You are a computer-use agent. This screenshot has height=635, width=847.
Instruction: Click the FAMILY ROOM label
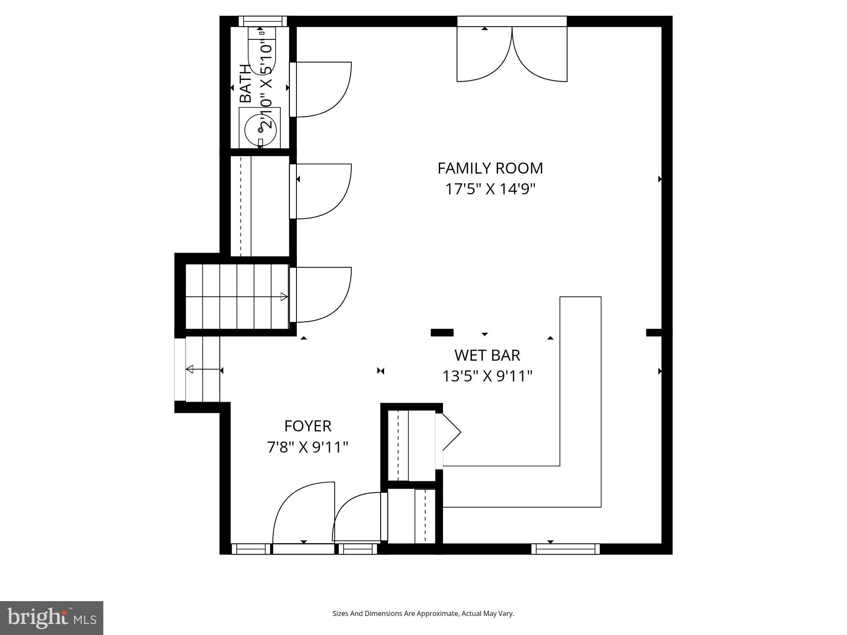tap(490, 168)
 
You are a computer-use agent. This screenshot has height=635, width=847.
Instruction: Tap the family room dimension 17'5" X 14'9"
tap(490, 189)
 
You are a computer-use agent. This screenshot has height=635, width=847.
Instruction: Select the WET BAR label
tap(487, 355)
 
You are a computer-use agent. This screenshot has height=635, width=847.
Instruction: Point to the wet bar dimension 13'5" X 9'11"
tap(487, 376)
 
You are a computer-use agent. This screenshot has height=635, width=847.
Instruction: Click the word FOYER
tap(307, 426)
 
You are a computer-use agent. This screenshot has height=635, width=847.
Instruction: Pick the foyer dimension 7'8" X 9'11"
tap(307, 447)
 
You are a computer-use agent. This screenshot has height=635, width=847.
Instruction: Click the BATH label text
tap(246, 83)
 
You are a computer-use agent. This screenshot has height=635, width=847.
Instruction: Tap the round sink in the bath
tap(260, 130)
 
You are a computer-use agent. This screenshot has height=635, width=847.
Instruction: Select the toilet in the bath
tap(262, 51)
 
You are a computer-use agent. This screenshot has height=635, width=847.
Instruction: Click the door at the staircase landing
tap(326, 296)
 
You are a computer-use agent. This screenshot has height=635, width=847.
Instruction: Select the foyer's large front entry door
tap(303, 516)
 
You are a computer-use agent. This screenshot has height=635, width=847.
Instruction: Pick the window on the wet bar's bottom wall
tap(565, 549)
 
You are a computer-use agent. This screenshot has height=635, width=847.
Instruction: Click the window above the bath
tap(263, 21)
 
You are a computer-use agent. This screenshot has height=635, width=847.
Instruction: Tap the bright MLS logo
tap(51, 618)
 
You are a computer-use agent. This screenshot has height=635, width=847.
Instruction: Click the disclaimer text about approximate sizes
tap(423, 613)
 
